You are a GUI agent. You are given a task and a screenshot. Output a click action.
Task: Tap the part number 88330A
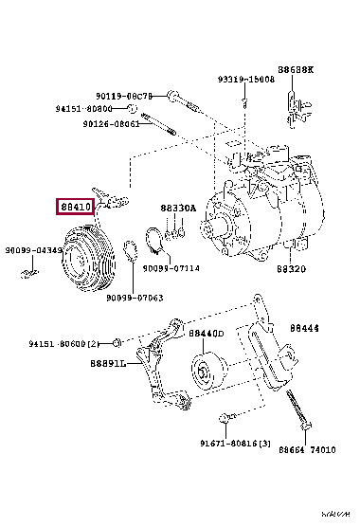pos(177,208)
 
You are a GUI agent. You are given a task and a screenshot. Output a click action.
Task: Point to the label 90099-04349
pos(31,250)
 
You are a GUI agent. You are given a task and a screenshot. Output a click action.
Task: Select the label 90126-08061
pos(111,123)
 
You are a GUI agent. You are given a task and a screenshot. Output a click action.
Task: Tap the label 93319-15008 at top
pos(243,80)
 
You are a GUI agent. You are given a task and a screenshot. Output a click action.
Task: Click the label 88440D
pos(206,334)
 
